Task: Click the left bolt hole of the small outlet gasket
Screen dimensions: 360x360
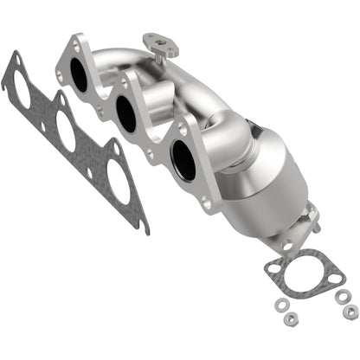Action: coord(273,268)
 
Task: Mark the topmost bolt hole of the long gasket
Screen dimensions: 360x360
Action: coord(13,59)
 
